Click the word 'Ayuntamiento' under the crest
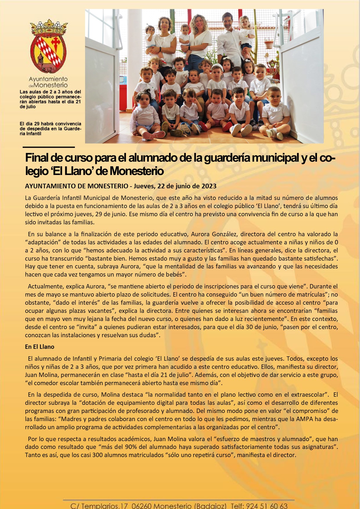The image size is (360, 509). pos(48,79)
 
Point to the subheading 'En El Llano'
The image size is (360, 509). pos(39,347)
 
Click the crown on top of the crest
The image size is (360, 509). pos(49,27)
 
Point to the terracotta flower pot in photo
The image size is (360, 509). pos(269,44)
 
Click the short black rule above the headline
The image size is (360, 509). pos(48,147)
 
